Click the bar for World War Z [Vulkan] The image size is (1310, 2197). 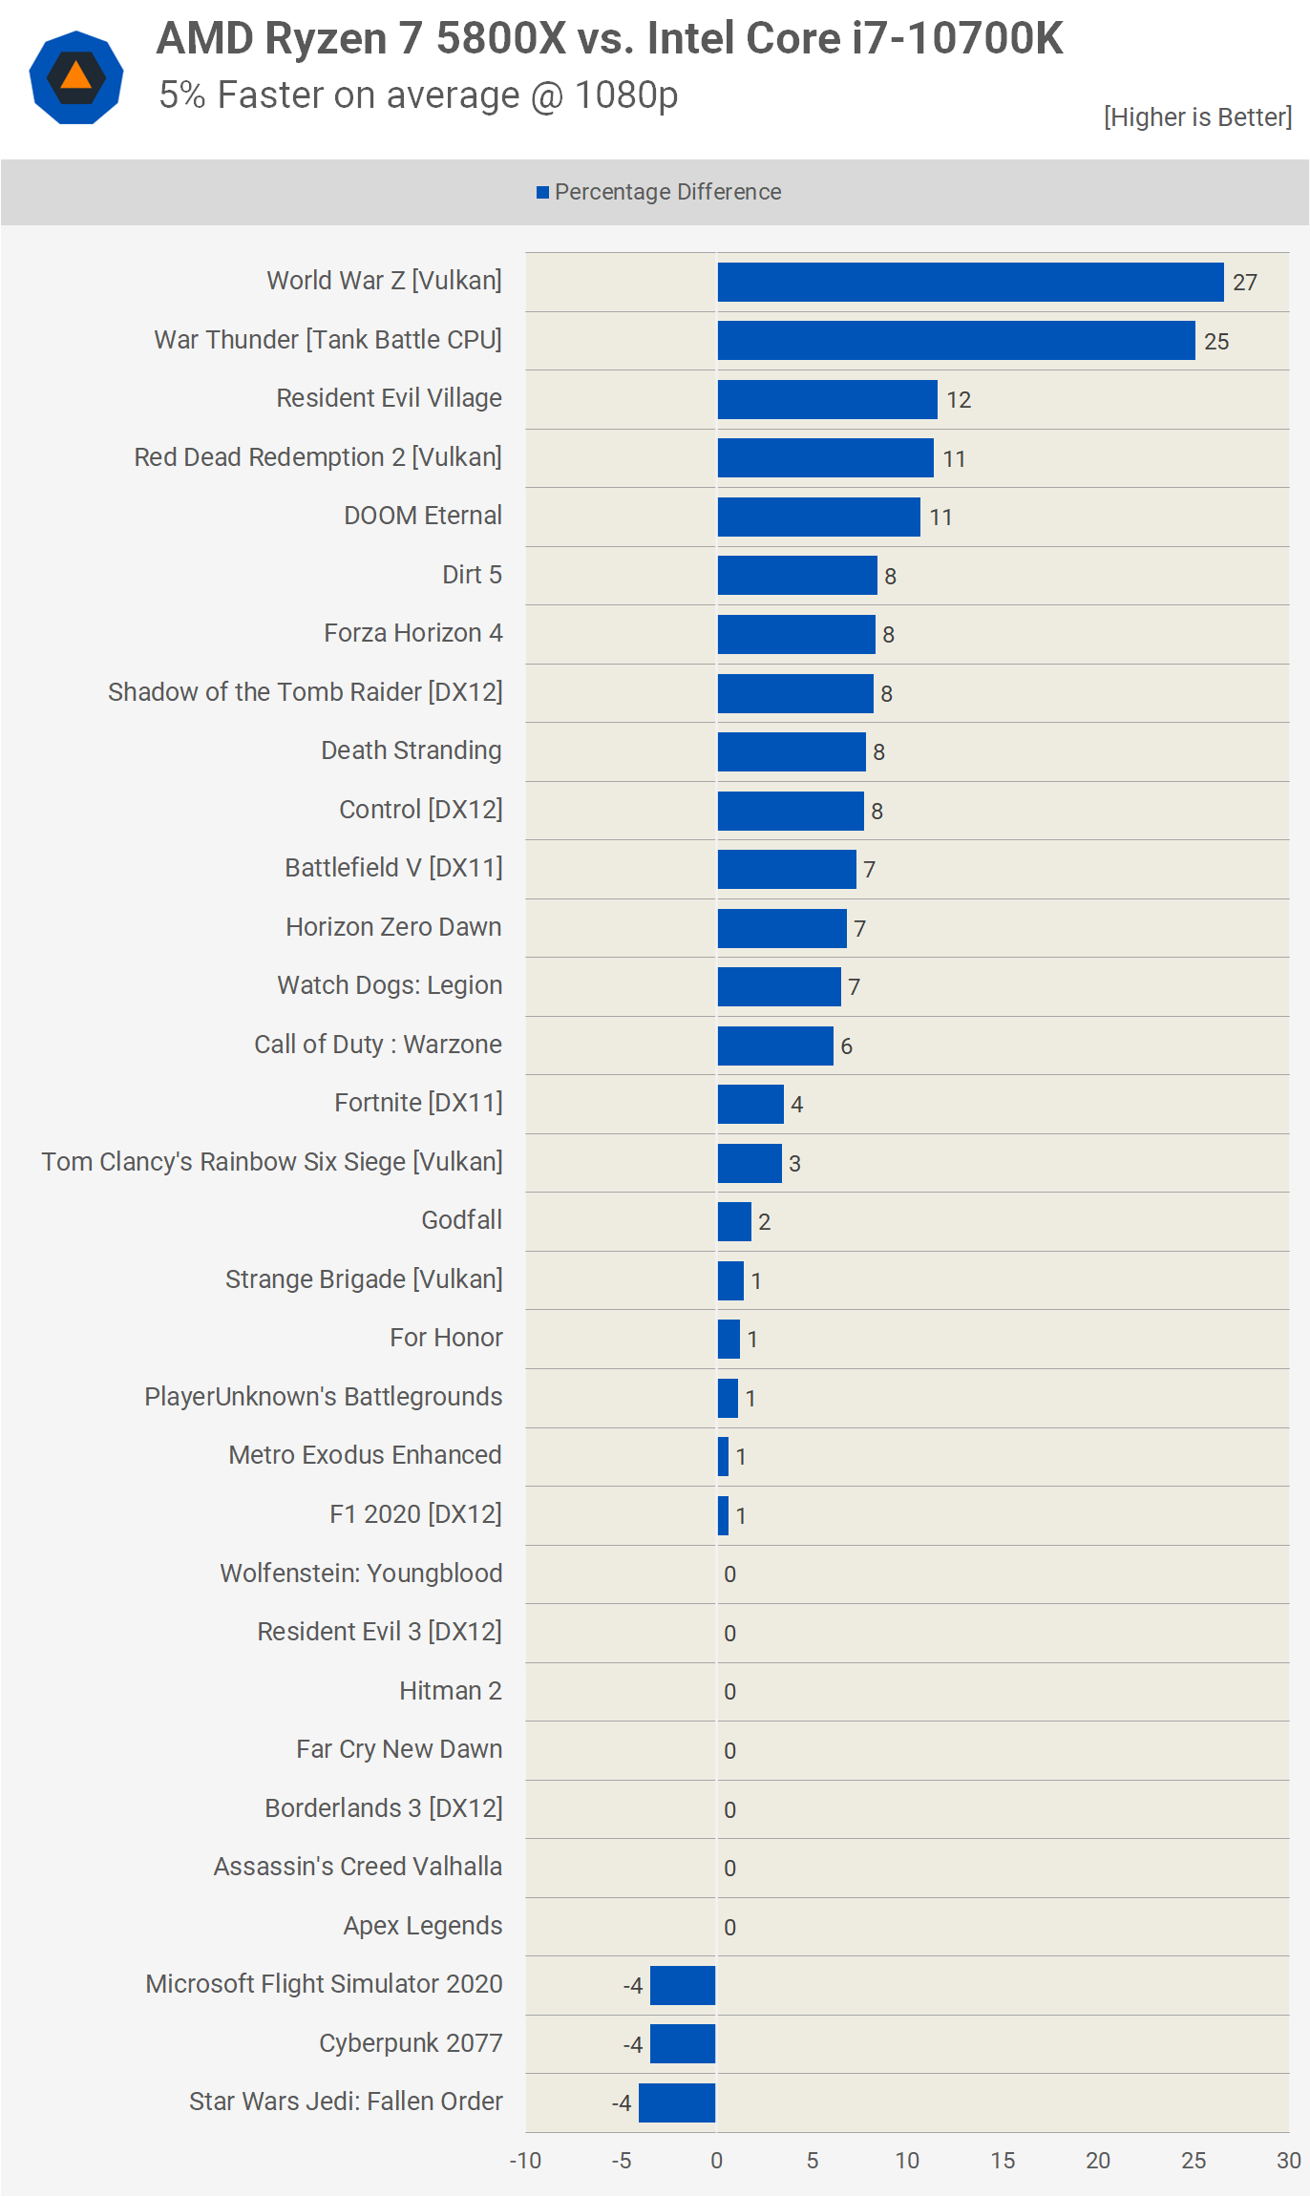(x=970, y=283)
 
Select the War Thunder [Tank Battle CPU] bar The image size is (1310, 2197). (x=956, y=341)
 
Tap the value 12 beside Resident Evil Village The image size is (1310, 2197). (x=959, y=400)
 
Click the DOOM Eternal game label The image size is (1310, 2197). (x=422, y=516)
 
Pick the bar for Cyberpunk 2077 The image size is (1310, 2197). (x=683, y=2044)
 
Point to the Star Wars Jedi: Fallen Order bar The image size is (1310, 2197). (x=677, y=2102)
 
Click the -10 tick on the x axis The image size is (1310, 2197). (x=525, y=2161)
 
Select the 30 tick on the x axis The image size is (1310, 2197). (x=1288, y=2161)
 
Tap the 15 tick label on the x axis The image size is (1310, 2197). (x=1003, y=2161)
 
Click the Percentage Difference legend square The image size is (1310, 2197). (x=542, y=193)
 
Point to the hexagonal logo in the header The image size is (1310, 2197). (x=76, y=77)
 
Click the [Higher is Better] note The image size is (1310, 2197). (x=1197, y=117)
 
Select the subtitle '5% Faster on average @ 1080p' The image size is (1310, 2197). (x=418, y=95)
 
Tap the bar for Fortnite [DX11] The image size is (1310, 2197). (x=750, y=1105)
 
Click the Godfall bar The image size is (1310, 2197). (x=734, y=1222)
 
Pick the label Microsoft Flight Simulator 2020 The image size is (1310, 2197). (x=324, y=1984)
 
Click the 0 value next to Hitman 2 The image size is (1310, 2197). (x=729, y=1692)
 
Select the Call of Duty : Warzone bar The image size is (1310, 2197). (x=775, y=1046)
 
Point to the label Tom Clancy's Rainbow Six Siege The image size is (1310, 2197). (x=272, y=1162)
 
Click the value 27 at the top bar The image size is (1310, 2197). (x=1244, y=283)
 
